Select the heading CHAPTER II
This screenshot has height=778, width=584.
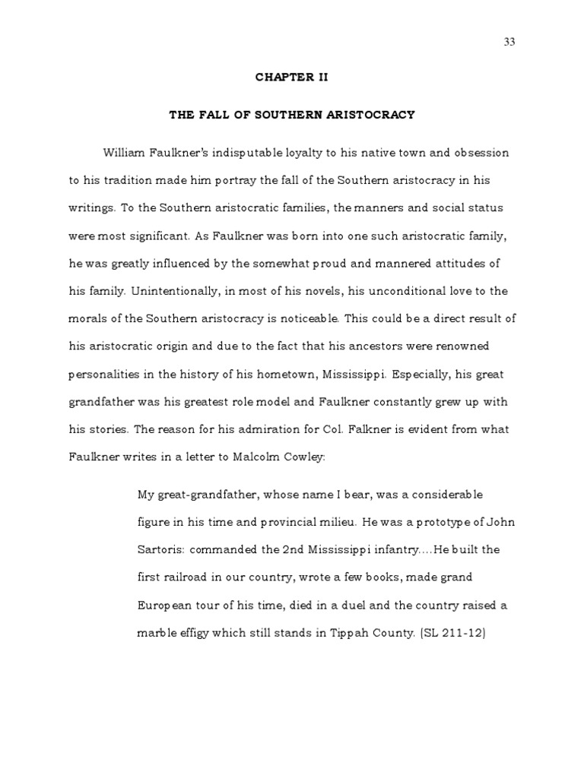click(x=292, y=77)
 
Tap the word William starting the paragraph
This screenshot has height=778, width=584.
click(x=125, y=153)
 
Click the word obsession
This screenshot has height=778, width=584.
click(x=480, y=153)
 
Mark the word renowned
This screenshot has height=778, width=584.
click(x=460, y=346)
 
